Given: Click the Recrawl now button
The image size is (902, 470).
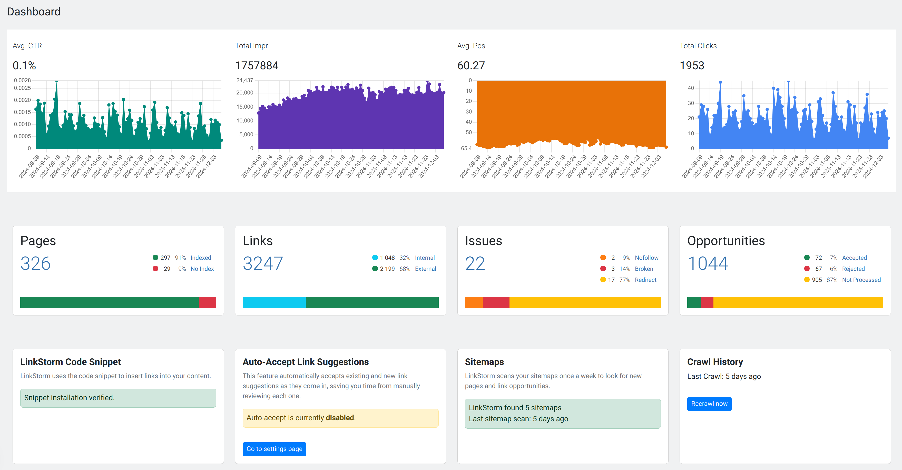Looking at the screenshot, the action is (709, 404).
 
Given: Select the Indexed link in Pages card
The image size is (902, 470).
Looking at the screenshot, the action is (201, 258).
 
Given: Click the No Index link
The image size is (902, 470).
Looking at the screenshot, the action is (202, 269).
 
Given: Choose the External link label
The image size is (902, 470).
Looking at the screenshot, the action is (425, 269).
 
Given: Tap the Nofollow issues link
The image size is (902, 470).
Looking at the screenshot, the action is (646, 258).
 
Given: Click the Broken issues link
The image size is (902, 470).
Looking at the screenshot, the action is (644, 269).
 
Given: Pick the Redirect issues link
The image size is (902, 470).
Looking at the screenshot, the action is (646, 280).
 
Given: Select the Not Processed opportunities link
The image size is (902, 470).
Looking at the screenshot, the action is (861, 280).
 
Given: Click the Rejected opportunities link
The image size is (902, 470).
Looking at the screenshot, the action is (853, 269).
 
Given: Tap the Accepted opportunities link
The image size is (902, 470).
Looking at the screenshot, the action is (854, 258).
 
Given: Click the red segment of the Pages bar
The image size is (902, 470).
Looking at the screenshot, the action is (207, 302).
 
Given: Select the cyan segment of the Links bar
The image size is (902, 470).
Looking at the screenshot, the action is (274, 302).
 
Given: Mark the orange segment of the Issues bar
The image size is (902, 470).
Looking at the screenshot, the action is (474, 302).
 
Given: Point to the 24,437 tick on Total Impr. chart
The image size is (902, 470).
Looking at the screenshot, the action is (244, 80).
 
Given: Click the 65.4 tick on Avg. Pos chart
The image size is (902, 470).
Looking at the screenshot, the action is (466, 148).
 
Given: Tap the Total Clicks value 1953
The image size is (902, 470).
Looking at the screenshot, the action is (692, 65).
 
